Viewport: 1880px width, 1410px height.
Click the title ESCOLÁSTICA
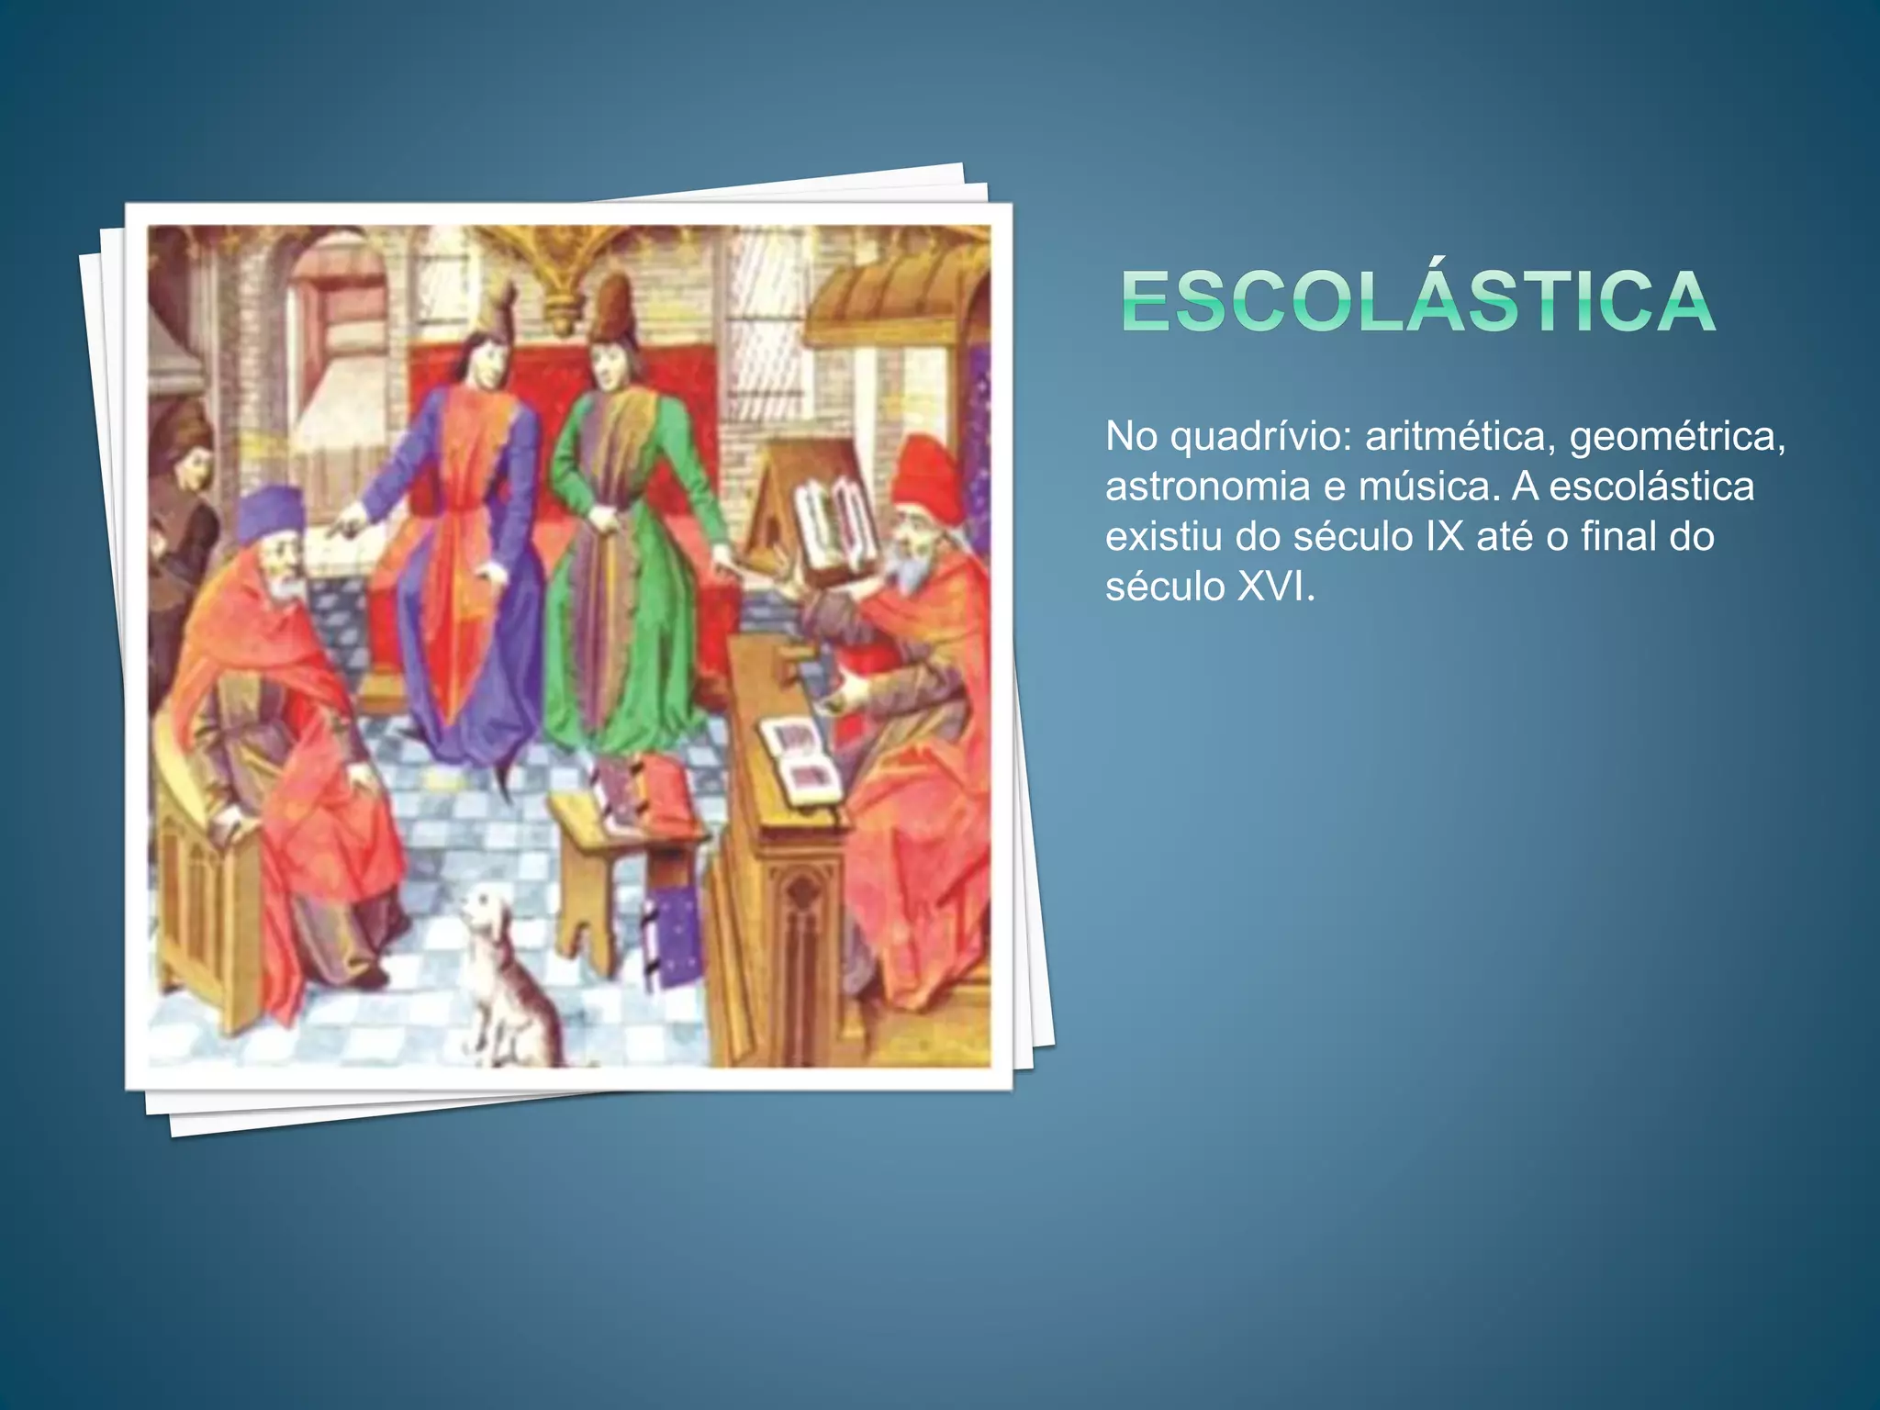[1417, 301]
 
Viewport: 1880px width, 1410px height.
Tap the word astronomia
[1207, 487]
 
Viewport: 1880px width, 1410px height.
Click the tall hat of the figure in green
[611, 308]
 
